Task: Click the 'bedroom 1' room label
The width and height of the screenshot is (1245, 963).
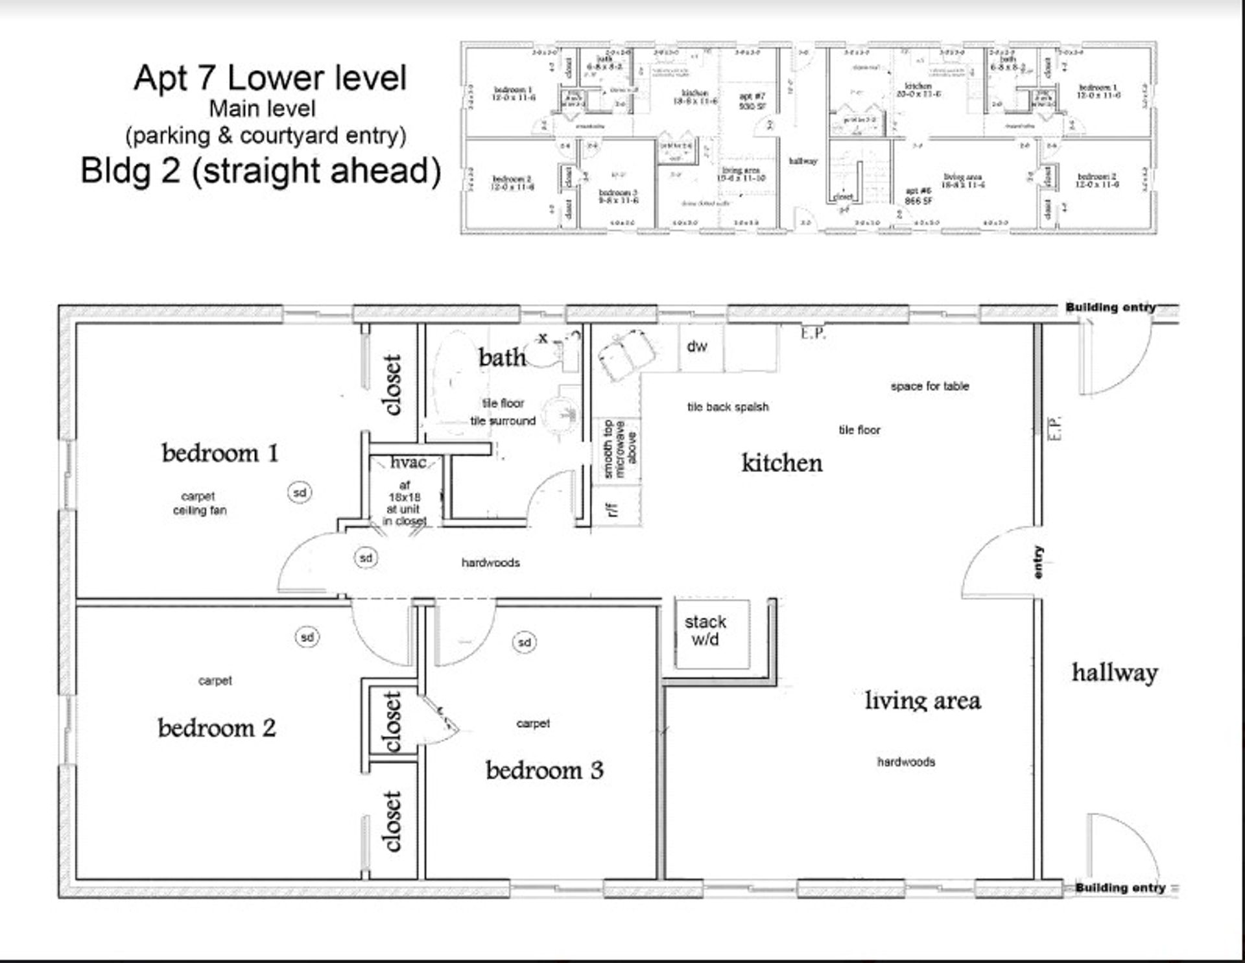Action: (x=220, y=453)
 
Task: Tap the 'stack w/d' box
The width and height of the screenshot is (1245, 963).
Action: (x=705, y=631)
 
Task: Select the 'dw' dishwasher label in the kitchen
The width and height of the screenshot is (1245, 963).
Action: (x=696, y=347)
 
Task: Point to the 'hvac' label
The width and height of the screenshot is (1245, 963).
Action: (x=408, y=462)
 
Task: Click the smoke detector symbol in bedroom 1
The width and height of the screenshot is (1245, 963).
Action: (x=300, y=493)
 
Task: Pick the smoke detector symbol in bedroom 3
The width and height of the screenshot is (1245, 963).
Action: (x=525, y=643)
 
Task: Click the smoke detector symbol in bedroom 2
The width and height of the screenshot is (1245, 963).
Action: (x=307, y=637)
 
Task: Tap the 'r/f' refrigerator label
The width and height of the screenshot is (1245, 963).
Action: (x=612, y=510)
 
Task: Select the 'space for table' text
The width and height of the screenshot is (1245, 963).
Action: (x=929, y=386)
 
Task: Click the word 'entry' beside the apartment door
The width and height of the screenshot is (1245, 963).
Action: (x=1038, y=562)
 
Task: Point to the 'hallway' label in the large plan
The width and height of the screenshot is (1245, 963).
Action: (x=1114, y=673)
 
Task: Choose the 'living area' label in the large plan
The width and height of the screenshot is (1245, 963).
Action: (x=922, y=701)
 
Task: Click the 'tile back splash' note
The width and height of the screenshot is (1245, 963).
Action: (x=728, y=407)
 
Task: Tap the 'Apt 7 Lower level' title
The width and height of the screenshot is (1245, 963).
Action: (x=270, y=78)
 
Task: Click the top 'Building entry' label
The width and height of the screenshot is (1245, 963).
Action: (x=1110, y=307)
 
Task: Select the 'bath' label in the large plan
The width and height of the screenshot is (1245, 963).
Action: (x=501, y=357)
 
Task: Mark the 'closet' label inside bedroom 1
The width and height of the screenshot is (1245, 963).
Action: (x=392, y=385)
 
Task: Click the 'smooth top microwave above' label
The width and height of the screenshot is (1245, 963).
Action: (x=619, y=449)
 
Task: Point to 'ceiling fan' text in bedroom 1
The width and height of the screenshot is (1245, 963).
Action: (x=200, y=510)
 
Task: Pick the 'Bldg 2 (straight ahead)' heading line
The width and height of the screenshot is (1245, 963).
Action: (x=261, y=171)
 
